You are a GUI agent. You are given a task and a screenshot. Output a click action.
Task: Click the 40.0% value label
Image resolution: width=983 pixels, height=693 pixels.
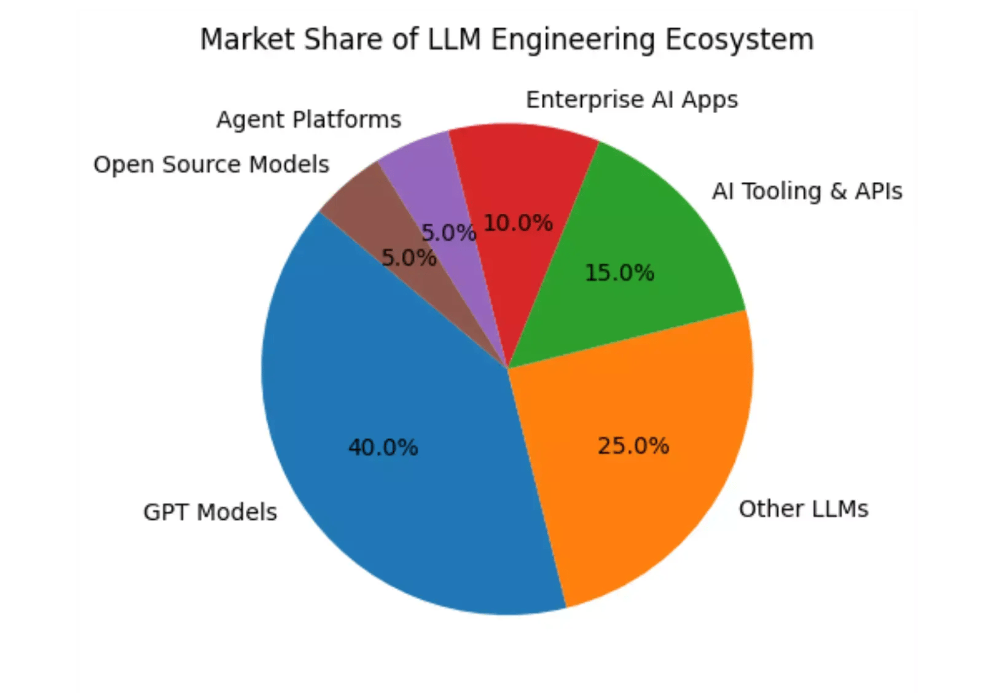click(x=383, y=447)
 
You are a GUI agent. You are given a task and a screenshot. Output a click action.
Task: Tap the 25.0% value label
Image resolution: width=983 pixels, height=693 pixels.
click(x=633, y=446)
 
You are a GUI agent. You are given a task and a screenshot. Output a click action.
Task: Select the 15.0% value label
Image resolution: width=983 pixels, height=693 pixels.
click(x=619, y=273)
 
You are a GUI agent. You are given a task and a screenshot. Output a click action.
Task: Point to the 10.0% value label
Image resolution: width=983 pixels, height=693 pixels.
click(x=518, y=223)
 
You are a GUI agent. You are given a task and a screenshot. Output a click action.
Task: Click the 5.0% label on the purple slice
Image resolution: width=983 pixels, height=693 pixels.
click(x=448, y=233)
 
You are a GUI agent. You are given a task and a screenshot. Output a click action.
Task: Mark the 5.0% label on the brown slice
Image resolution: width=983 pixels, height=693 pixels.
click(x=409, y=258)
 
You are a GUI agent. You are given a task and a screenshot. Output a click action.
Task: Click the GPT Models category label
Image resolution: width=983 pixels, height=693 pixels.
click(x=210, y=512)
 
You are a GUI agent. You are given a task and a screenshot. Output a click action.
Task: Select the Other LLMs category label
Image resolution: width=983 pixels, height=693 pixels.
click(x=804, y=509)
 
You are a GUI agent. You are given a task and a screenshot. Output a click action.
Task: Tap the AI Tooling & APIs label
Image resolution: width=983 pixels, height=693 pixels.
click(x=807, y=191)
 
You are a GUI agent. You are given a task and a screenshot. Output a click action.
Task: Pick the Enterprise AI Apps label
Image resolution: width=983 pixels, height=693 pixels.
click(x=632, y=100)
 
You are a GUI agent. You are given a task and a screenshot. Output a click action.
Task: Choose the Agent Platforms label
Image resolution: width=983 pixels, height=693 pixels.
click(x=308, y=120)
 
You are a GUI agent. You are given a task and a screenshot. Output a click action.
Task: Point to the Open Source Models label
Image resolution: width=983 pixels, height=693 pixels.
click(x=211, y=165)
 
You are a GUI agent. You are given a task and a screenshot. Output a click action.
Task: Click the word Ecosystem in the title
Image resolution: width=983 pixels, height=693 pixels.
click(x=740, y=40)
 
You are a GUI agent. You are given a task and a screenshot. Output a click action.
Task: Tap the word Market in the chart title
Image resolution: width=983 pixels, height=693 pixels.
click(x=248, y=40)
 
